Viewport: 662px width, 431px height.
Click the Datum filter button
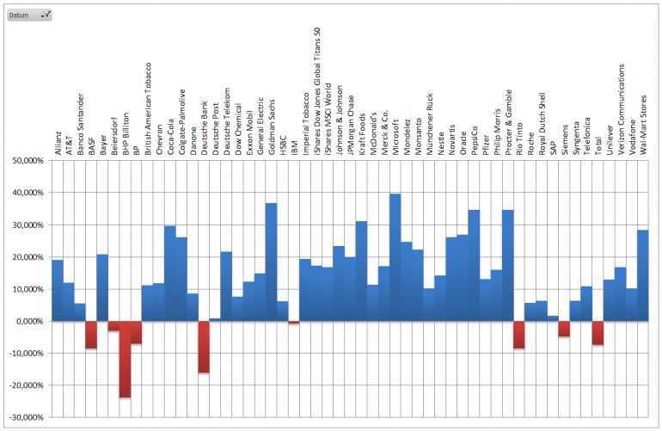pyautogui.click(x=28, y=15)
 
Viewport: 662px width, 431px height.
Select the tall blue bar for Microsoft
pyautogui.click(x=395, y=258)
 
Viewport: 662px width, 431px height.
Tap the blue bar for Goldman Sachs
pyautogui.click(x=271, y=262)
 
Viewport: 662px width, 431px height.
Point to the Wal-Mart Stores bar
pyautogui.click(x=642, y=275)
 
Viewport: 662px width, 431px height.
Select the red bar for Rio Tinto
pyautogui.click(x=519, y=335)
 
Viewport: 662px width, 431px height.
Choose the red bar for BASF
pyautogui.click(x=91, y=335)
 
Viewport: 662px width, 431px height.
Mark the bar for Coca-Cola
pyautogui.click(x=170, y=274)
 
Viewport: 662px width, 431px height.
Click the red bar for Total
pyautogui.click(x=598, y=333)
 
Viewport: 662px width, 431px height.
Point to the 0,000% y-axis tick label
pyautogui.click(x=26, y=322)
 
